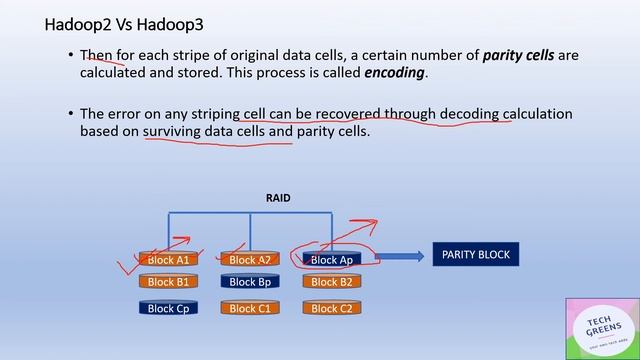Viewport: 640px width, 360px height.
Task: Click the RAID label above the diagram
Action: point(278,198)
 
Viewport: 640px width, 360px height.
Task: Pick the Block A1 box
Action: point(168,260)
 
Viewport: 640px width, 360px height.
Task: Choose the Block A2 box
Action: point(250,260)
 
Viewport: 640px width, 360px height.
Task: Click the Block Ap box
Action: point(331,260)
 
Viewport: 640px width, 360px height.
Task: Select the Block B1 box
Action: point(168,282)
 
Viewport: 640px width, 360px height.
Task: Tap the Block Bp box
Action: point(250,282)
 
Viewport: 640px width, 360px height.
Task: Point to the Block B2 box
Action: point(331,282)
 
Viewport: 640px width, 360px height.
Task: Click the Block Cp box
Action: point(168,308)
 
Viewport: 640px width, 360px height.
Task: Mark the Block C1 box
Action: point(250,308)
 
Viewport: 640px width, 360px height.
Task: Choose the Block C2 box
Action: point(331,308)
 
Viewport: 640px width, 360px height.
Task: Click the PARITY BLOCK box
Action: point(475,255)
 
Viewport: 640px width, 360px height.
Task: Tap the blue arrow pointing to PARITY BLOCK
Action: point(398,257)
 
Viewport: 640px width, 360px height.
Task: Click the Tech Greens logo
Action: point(601,327)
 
